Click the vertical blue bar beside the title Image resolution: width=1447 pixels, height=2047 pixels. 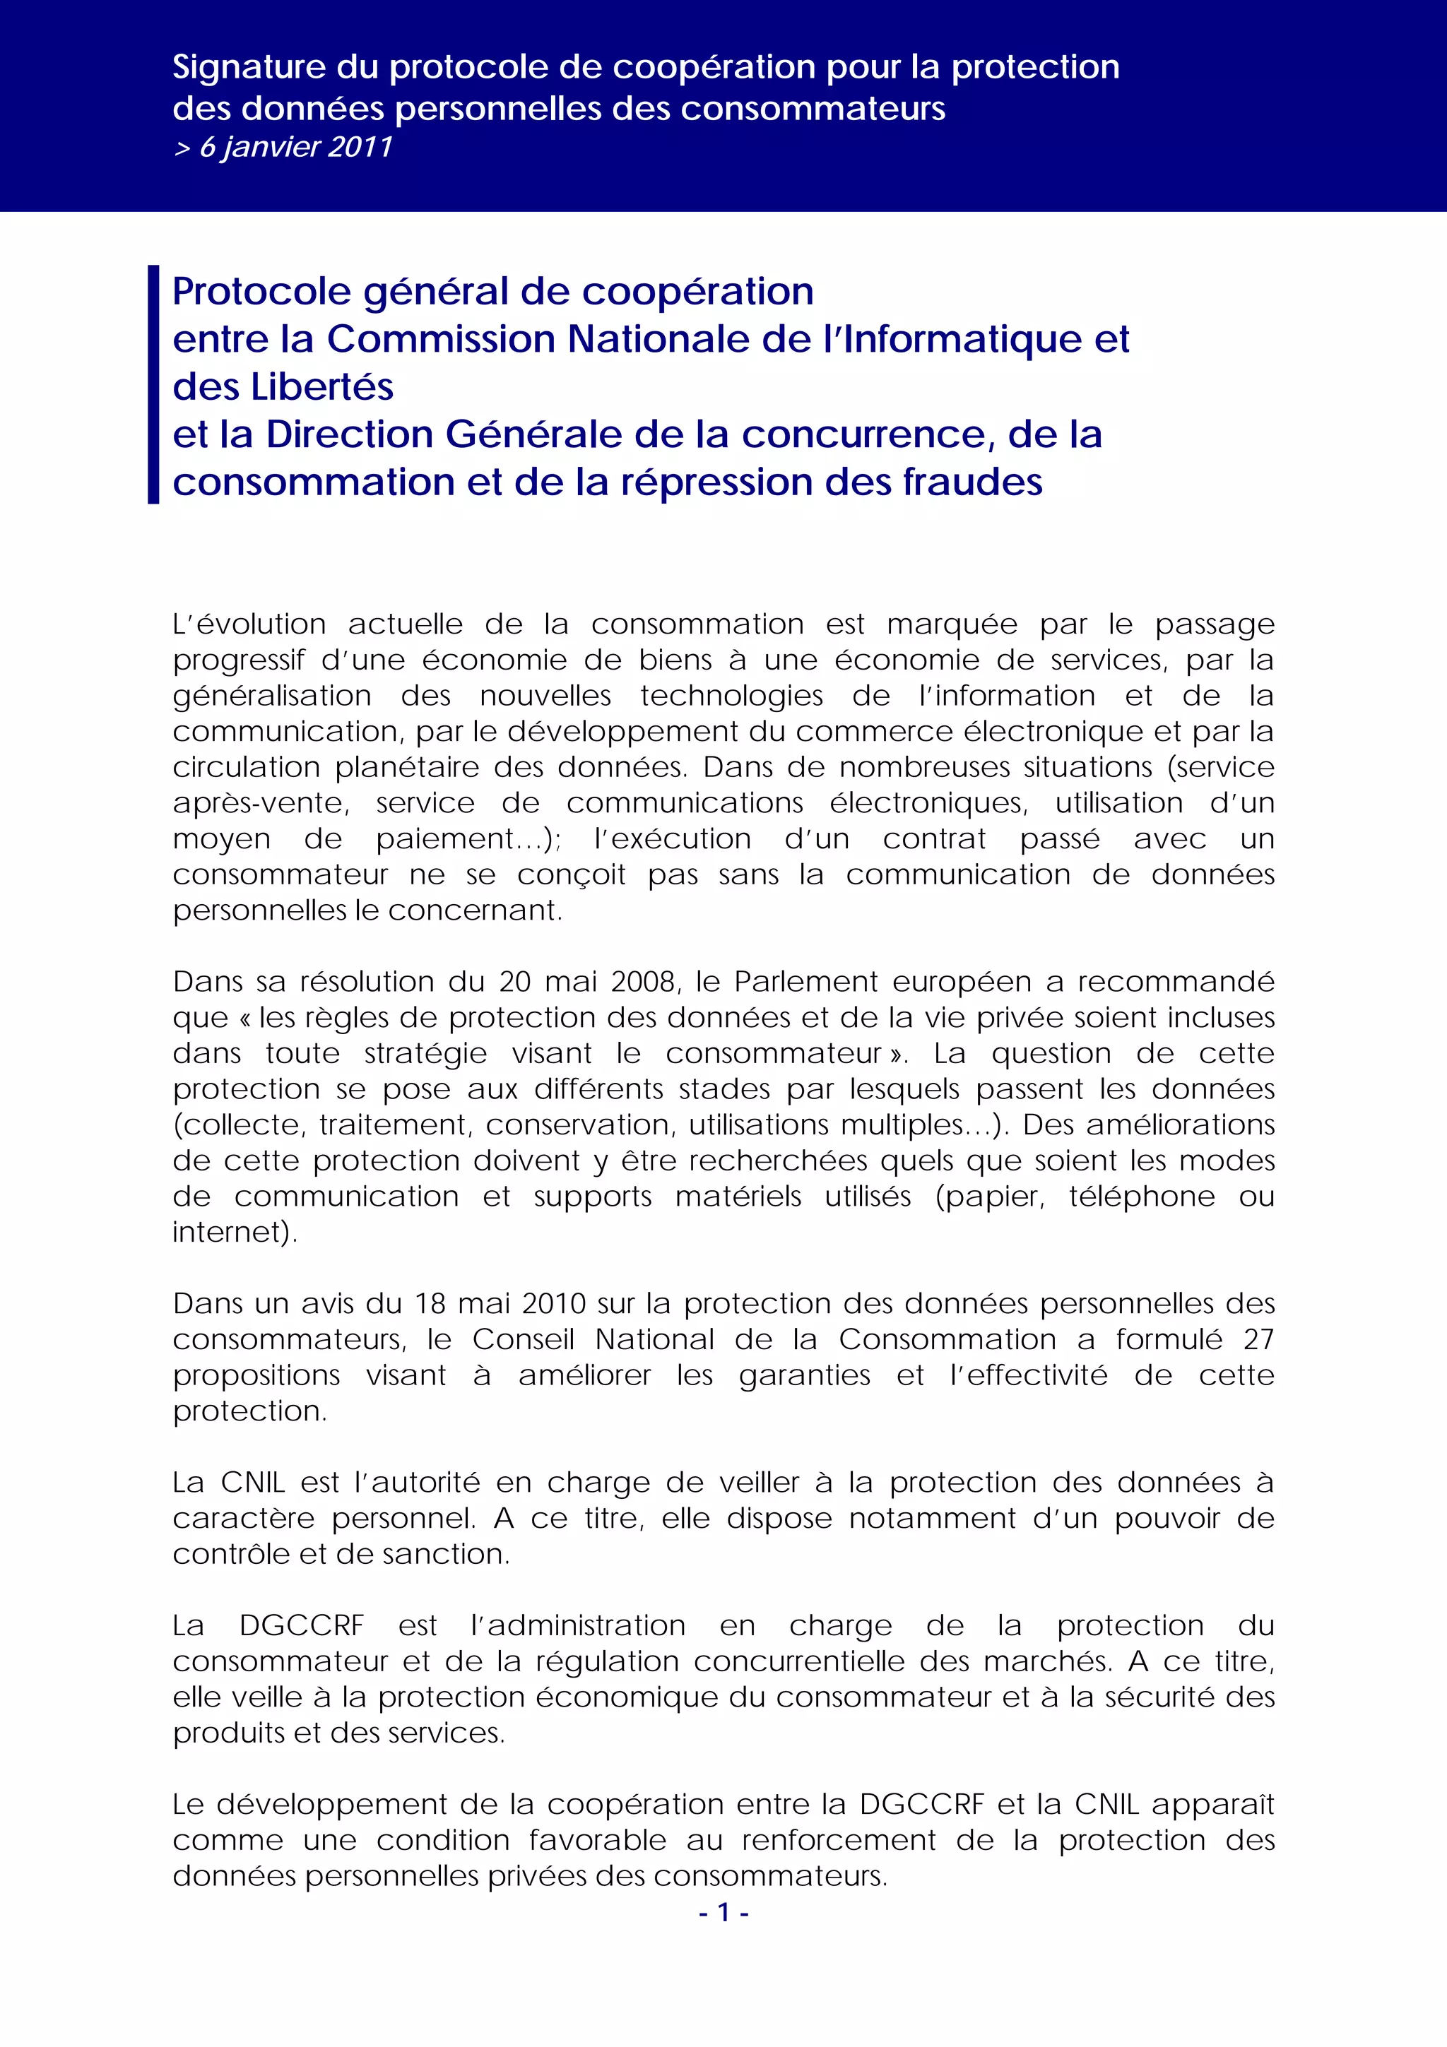click(153, 384)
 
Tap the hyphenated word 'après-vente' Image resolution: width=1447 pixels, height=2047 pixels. click(259, 804)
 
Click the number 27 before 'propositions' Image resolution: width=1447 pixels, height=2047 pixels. click(1258, 1340)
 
